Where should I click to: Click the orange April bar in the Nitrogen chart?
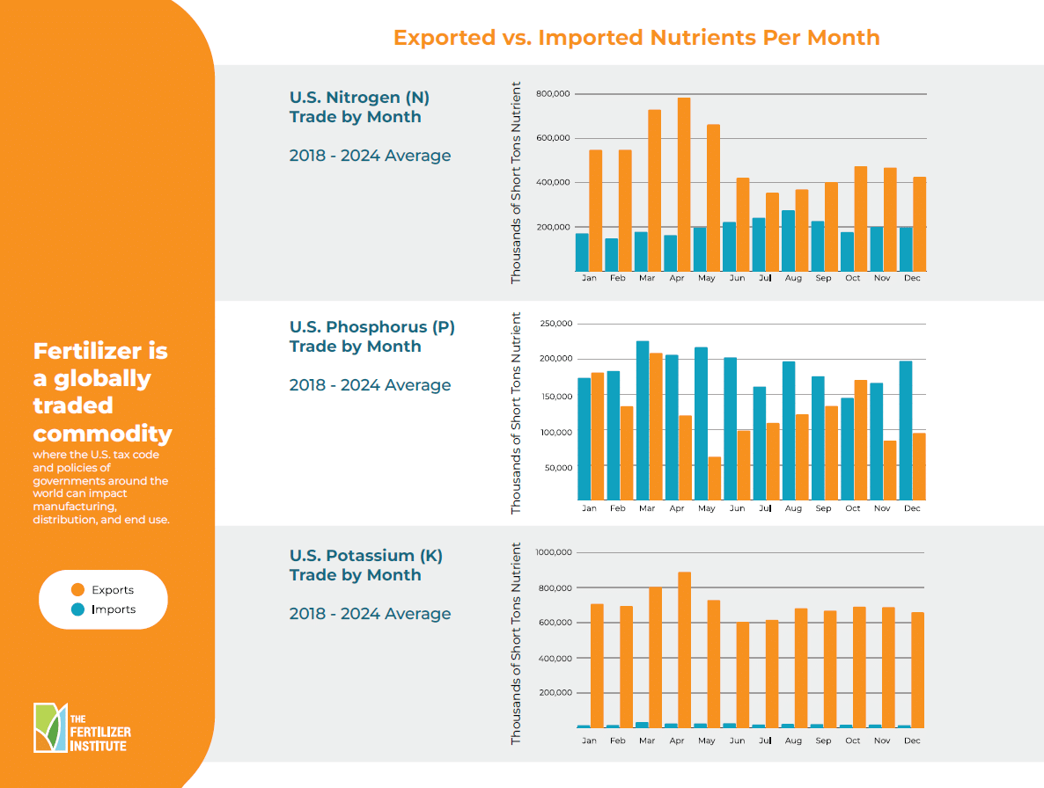click(684, 185)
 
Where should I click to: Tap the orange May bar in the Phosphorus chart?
click(715, 478)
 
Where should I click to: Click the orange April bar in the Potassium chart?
click(684, 650)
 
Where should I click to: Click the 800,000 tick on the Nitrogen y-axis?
click(553, 94)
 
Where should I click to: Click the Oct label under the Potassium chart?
click(853, 741)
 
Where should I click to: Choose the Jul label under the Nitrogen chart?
click(765, 278)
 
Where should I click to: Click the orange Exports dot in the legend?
click(78, 590)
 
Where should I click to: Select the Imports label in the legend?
click(114, 609)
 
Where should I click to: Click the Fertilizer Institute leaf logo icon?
click(50, 727)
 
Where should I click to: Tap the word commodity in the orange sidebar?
click(102, 434)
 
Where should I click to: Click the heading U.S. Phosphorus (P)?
click(372, 327)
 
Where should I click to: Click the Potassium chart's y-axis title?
click(517, 644)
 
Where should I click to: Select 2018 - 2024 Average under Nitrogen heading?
click(370, 156)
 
